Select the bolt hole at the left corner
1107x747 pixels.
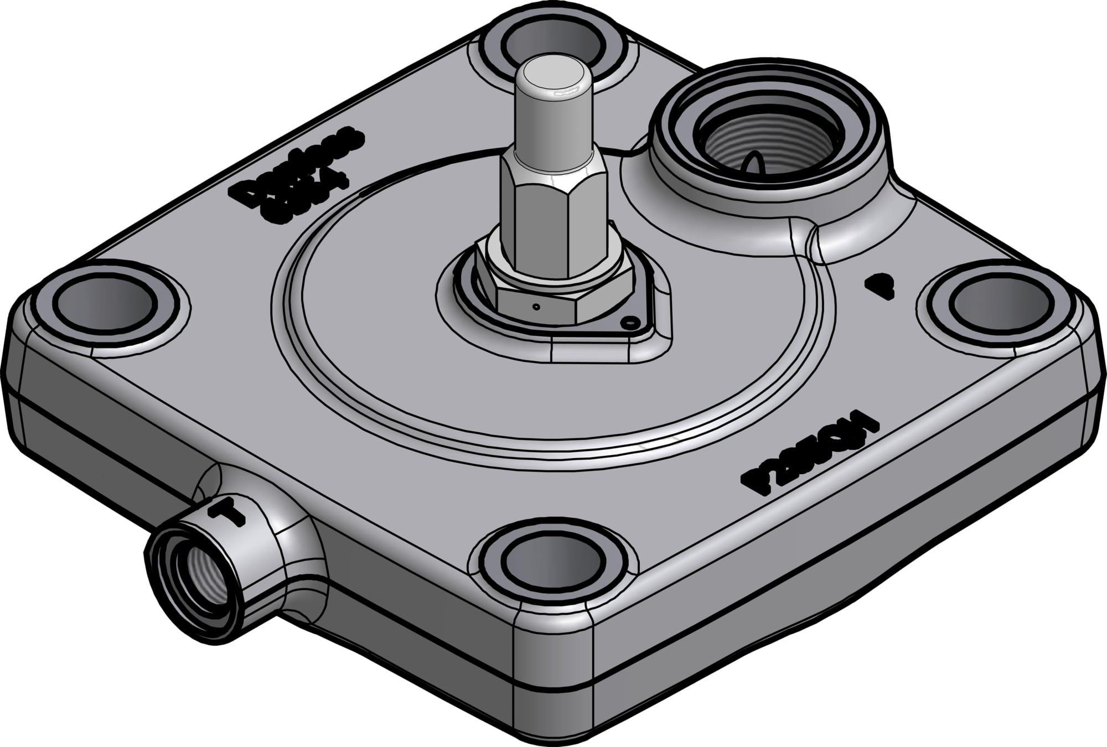click(x=103, y=304)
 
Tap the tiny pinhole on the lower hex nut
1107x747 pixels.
click(x=536, y=306)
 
